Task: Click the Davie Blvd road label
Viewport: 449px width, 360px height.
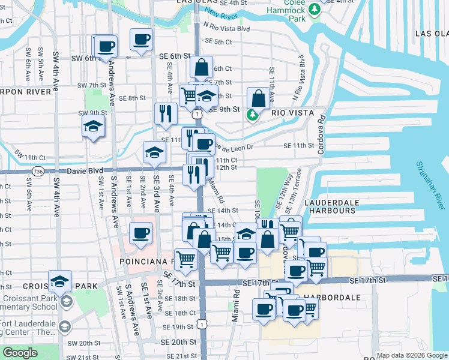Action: click(82, 171)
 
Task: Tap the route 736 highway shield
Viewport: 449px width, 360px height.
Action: click(38, 171)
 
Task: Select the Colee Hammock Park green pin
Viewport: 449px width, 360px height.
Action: click(313, 10)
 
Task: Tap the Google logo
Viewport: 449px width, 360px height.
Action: click(20, 353)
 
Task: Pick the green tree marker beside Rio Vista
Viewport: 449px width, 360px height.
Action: click(253, 115)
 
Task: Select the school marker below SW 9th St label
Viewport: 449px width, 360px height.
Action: click(94, 127)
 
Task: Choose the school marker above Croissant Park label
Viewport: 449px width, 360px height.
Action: click(60, 281)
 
